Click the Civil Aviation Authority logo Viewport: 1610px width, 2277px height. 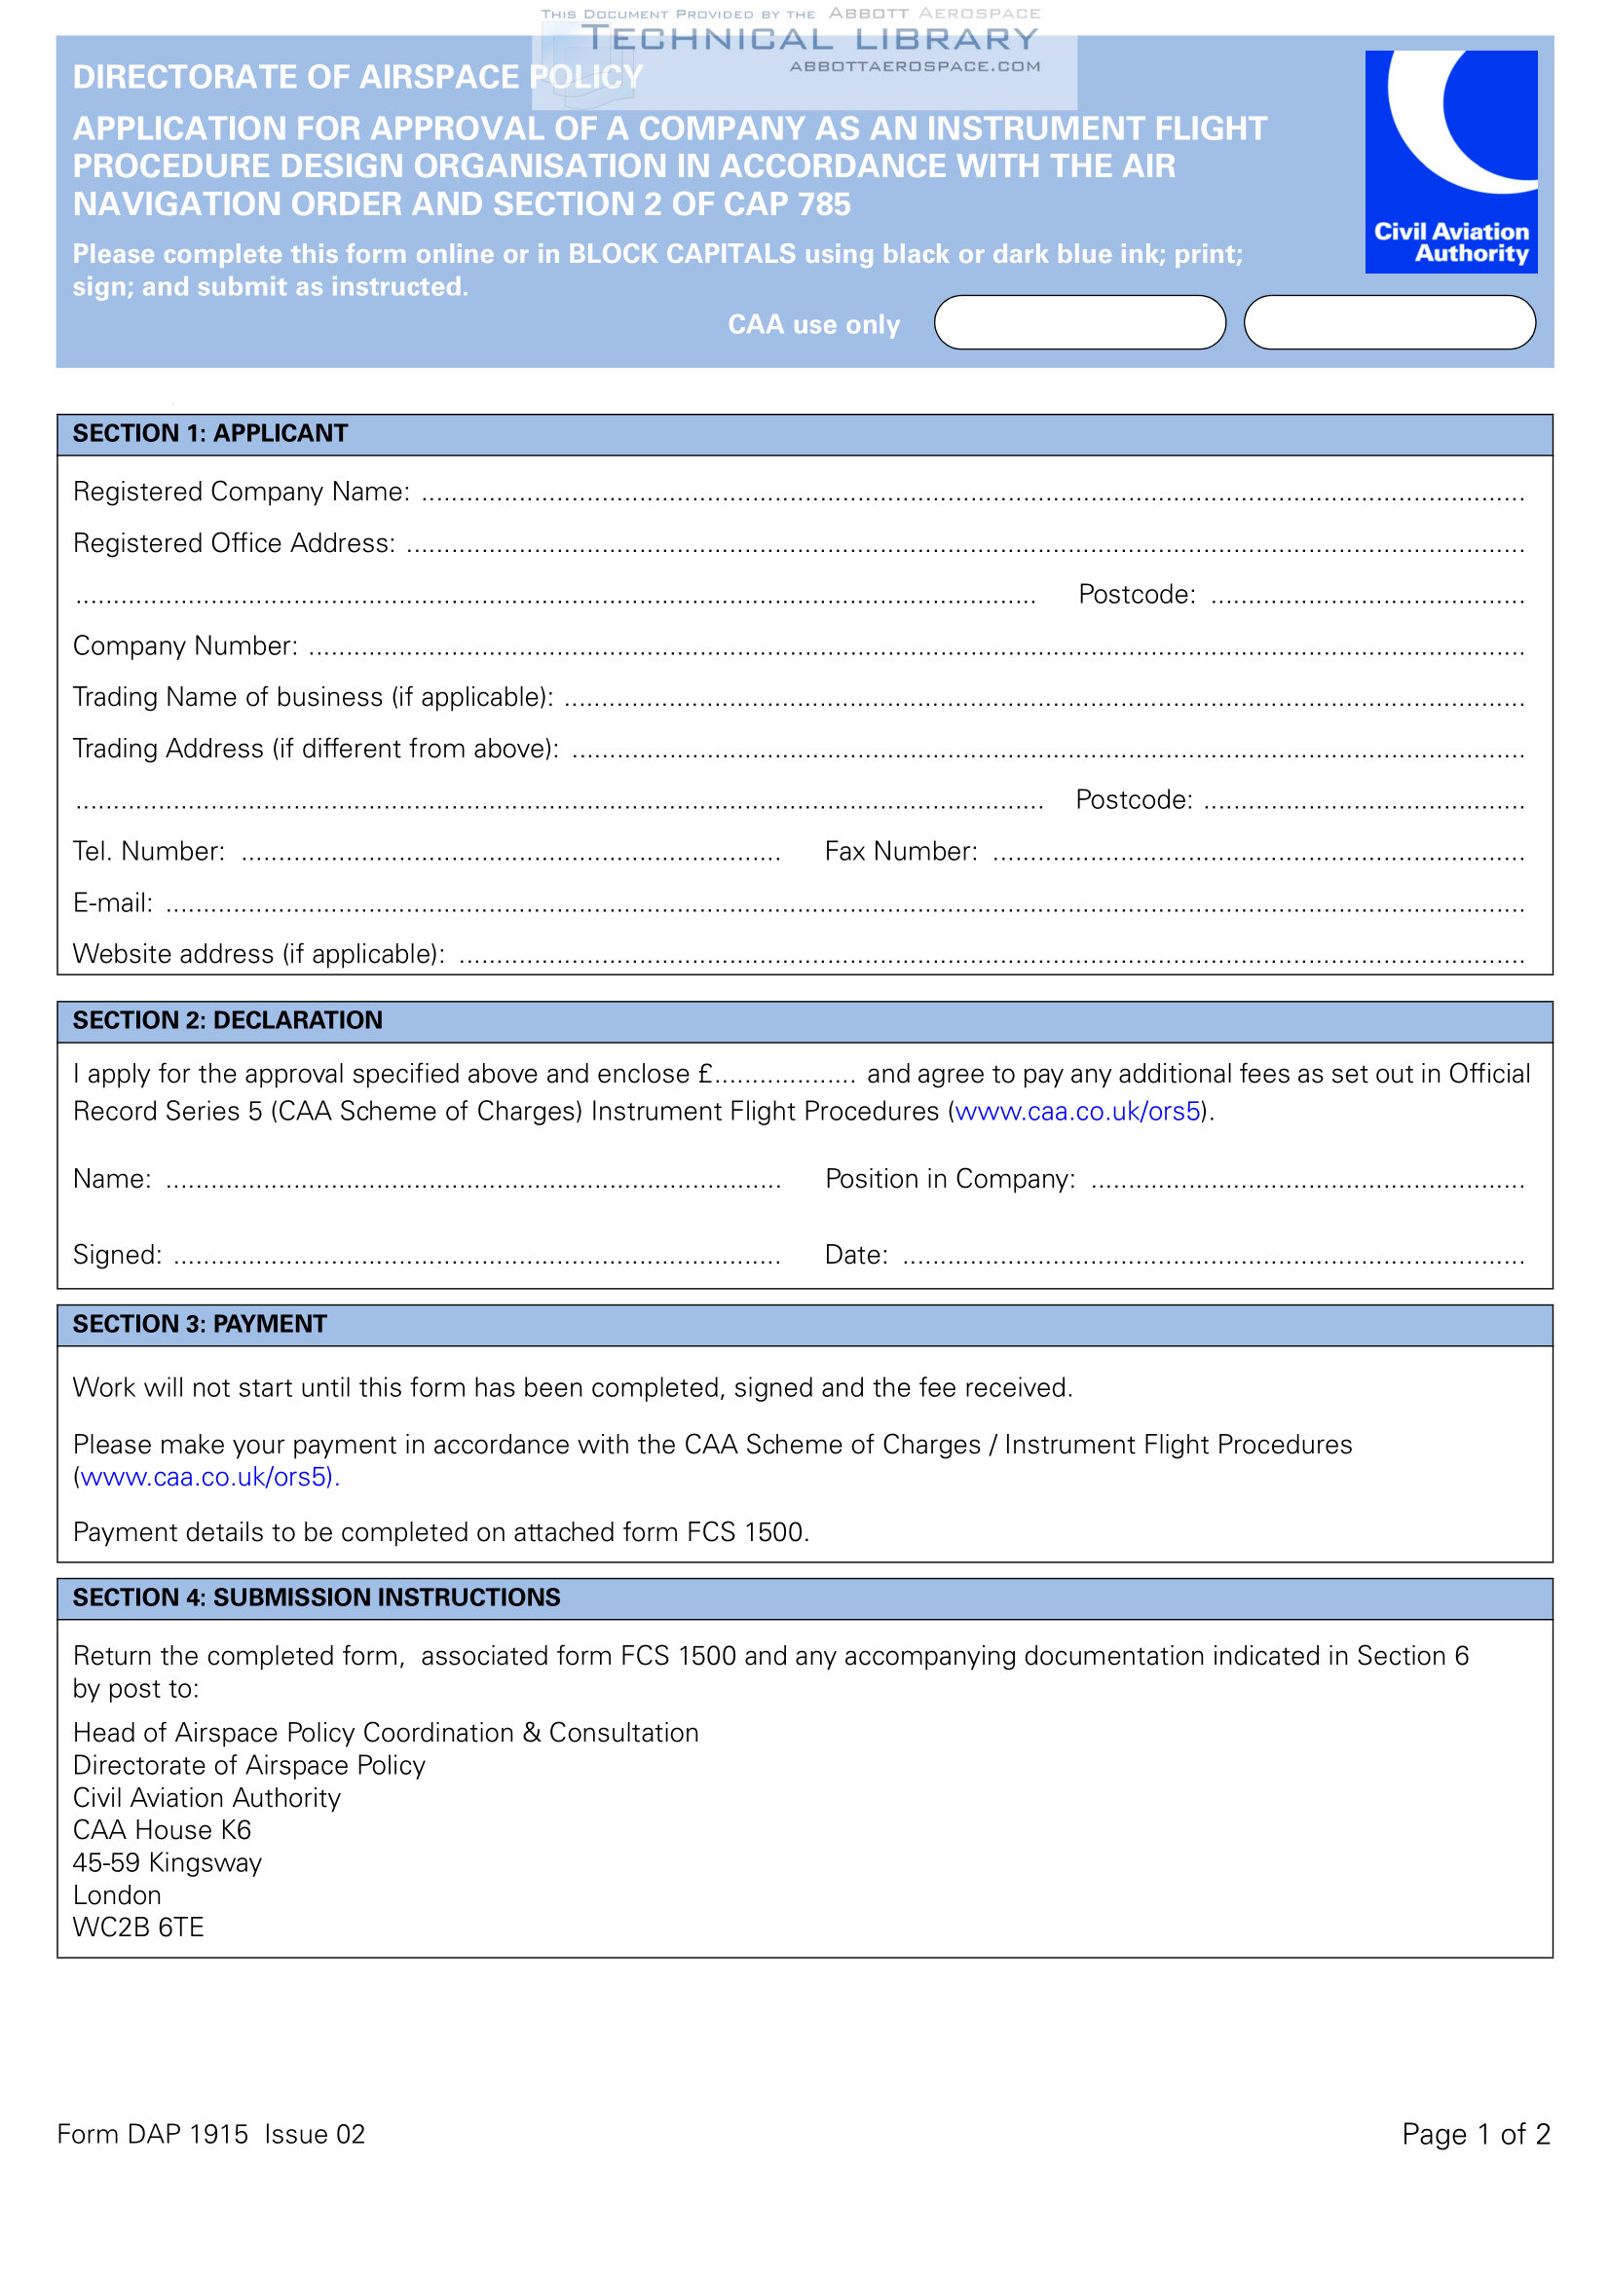point(1450,161)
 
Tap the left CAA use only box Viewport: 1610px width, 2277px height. point(1079,322)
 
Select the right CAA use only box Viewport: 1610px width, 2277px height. point(1389,322)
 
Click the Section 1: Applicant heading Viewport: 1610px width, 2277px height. point(210,433)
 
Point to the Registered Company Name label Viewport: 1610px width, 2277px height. point(241,492)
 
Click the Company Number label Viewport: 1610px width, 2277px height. point(184,645)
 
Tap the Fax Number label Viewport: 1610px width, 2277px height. point(901,851)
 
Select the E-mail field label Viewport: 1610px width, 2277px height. point(112,902)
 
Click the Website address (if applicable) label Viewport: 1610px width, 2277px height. point(258,954)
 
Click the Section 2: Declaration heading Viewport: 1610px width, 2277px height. point(227,1020)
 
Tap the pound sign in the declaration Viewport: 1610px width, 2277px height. point(705,1074)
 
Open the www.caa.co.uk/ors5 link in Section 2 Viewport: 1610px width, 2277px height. point(1077,1112)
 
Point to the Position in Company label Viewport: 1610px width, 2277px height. point(950,1179)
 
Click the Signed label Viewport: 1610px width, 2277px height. point(117,1256)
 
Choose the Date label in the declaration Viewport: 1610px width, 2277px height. point(855,1256)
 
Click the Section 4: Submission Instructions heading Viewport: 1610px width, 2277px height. point(317,1598)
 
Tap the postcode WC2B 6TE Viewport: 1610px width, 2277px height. point(138,1928)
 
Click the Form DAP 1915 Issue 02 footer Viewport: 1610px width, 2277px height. point(210,2134)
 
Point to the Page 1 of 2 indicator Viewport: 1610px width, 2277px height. point(1475,2134)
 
